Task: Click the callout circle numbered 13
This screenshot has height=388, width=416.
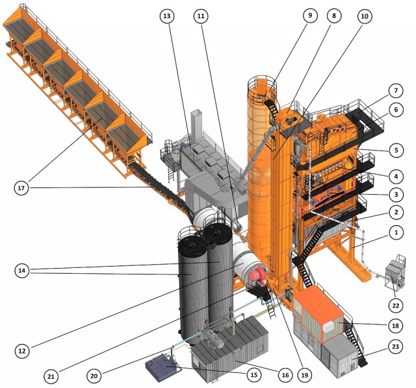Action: click(167, 16)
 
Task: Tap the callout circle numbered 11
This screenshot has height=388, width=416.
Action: click(201, 16)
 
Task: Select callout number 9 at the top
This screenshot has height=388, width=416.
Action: click(310, 16)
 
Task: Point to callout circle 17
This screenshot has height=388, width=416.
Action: click(21, 188)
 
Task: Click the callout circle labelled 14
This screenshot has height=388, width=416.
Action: click(22, 271)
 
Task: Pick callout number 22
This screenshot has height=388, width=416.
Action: click(396, 306)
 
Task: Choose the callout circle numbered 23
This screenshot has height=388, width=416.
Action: click(396, 346)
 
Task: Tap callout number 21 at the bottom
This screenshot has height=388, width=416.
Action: click(51, 376)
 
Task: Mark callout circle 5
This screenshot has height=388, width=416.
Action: click(396, 150)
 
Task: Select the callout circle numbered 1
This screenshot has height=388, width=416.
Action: click(396, 232)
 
